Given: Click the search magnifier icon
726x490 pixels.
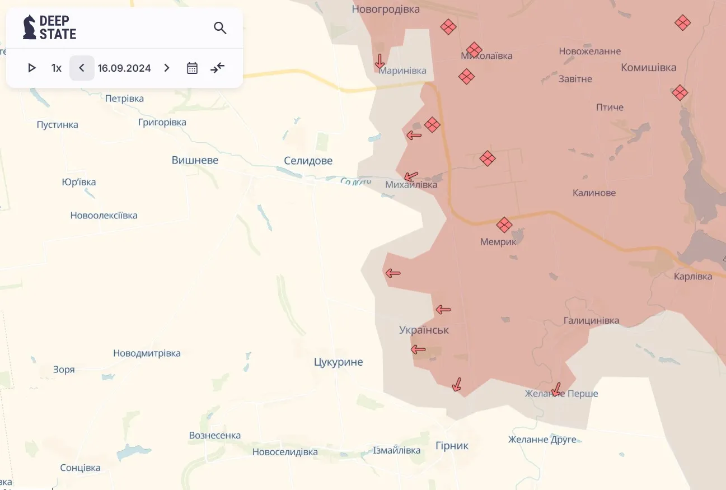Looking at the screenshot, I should point(220,28).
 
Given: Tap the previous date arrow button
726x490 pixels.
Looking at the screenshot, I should point(82,68).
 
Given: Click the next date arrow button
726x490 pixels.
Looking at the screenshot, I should point(166,68).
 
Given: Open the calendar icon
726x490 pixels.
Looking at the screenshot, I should point(192,68).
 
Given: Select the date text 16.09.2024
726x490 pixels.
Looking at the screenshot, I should point(124,68).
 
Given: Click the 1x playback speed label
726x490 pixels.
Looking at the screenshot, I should point(56,68).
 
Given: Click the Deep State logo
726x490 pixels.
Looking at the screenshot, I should point(49,27).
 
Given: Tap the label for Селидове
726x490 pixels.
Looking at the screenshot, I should point(308,161).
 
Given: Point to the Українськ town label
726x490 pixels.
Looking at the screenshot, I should point(424,330).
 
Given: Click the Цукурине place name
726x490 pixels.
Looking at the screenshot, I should point(338,362).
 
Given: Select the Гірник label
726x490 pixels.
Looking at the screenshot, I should point(452,446).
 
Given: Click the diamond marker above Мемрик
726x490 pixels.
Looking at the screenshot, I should point(504,225).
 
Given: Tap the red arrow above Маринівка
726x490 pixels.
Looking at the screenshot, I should point(380,60).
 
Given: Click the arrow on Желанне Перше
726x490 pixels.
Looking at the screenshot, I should point(556,389).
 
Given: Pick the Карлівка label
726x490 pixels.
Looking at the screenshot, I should point(693,276).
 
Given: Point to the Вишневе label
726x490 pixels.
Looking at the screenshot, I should point(195,160).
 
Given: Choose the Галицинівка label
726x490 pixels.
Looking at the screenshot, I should point(591,320).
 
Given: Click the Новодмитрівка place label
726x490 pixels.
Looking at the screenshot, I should point(147,353).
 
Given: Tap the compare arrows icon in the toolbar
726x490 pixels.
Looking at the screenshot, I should point(217,68).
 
